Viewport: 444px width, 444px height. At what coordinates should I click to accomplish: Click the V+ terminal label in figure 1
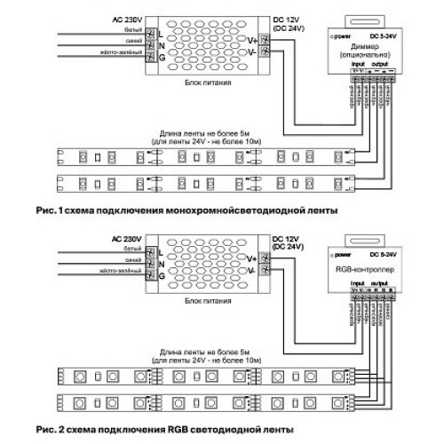(251, 39)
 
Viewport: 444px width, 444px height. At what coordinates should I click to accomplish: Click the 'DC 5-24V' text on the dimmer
(383, 36)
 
